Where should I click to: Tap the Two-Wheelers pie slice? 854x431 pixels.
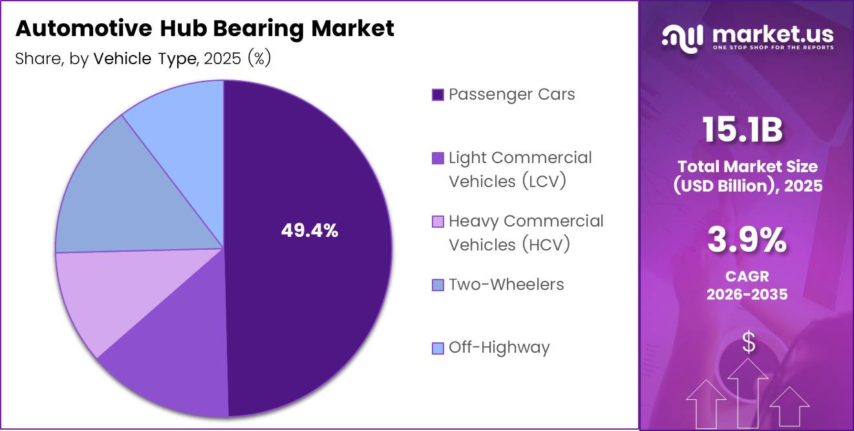pyautogui.click(x=123, y=194)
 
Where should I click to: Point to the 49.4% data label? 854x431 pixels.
pyautogui.click(x=310, y=230)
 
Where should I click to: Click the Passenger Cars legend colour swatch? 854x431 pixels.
pyautogui.click(x=438, y=95)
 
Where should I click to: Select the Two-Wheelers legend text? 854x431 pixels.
pyautogui.click(x=506, y=285)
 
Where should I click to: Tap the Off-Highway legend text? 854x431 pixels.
pyautogui.click(x=499, y=348)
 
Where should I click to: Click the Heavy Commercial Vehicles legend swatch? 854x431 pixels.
pyautogui.click(x=438, y=222)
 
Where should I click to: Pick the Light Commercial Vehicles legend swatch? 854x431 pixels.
pyautogui.click(x=438, y=159)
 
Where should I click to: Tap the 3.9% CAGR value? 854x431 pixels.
pyautogui.click(x=747, y=241)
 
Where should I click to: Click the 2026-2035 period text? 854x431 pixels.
pyautogui.click(x=747, y=294)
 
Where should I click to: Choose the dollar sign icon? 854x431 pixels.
pyautogui.click(x=748, y=342)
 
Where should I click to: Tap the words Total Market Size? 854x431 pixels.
pyautogui.click(x=747, y=166)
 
